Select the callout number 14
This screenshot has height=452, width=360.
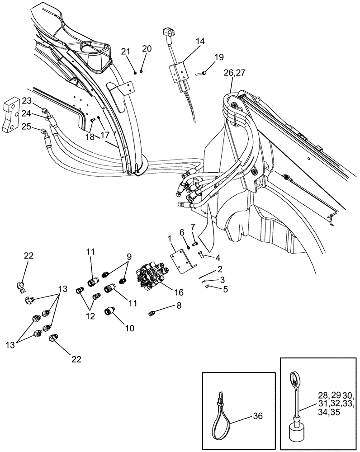coord(200,41)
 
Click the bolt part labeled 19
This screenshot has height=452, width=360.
coord(202,73)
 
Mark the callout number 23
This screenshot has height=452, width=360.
coord(27,100)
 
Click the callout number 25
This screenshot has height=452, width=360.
coord(27,127)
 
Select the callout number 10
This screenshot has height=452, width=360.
coord(130,329)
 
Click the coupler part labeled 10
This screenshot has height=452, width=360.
coord(110,311)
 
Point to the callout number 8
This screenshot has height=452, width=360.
coord(179,306)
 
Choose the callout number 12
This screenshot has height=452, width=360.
coord(90,316)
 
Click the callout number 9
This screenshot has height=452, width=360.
coord(129,256)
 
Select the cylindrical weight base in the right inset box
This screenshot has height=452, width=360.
coord(298,433)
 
